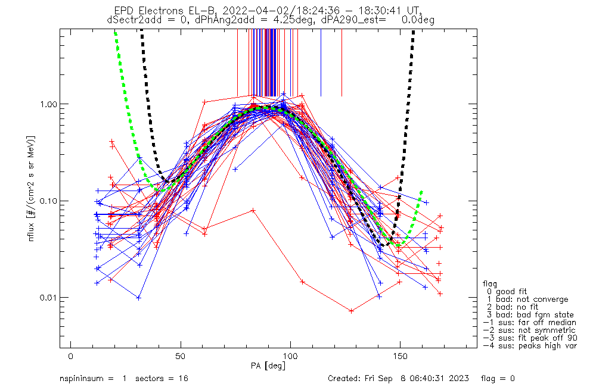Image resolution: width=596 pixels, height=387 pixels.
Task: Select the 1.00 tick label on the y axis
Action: point(54,104)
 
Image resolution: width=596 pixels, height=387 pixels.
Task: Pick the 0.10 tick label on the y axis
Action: point(54,201)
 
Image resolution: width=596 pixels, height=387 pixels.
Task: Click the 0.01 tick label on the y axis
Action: point(54,297)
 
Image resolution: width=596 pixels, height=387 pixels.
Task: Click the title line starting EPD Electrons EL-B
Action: point(270,11)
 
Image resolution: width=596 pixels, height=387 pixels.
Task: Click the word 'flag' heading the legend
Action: point(490,284)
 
